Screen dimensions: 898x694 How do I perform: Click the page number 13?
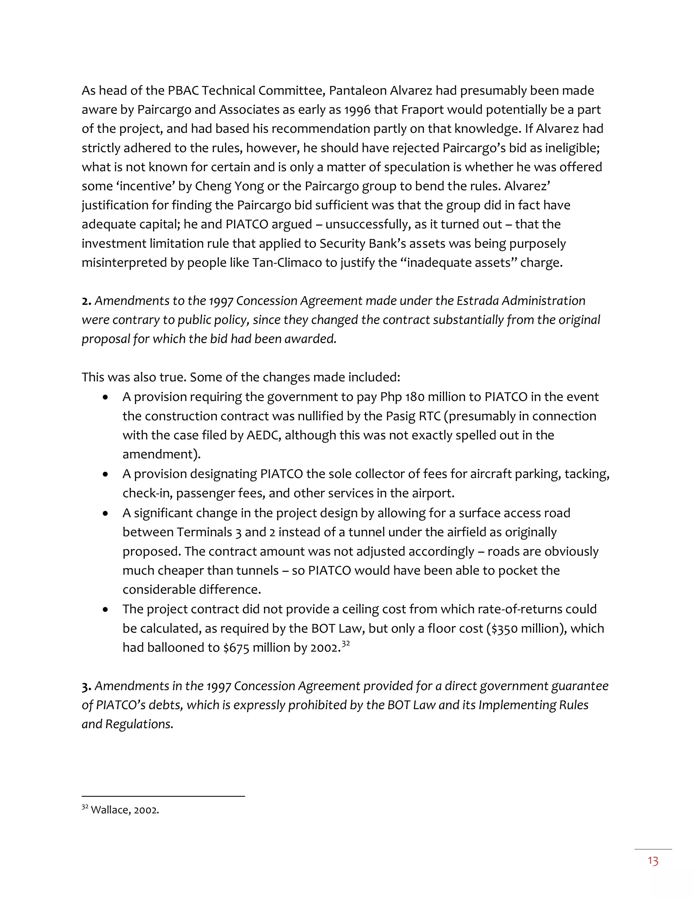click(653, 861)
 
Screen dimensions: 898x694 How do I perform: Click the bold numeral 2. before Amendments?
click(86, 301)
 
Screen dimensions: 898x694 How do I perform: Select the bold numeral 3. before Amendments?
click(86, 686)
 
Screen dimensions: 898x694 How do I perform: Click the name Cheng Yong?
click(229, 186)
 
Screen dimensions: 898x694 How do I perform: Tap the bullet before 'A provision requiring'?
click(106, 397)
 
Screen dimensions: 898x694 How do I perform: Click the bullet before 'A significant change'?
click(106, 513)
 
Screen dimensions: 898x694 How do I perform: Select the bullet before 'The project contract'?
click(106, 609)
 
